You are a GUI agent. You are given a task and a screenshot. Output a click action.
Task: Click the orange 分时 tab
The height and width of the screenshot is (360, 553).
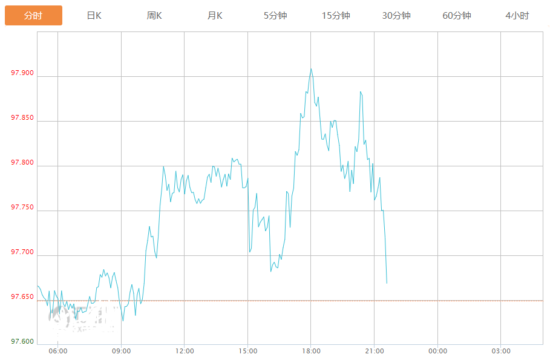pos(33,16)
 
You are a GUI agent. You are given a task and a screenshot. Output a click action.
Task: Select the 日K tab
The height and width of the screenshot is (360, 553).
pos(94,16)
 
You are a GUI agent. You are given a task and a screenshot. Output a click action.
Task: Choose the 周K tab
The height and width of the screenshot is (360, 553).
pos(154,16)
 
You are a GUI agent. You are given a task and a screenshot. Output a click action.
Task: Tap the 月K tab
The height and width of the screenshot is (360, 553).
pos(215,16)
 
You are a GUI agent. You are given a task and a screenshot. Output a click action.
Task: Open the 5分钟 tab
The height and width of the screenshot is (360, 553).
pos(275,16)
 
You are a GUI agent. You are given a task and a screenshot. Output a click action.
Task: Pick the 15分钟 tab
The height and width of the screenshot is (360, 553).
pos(336,16)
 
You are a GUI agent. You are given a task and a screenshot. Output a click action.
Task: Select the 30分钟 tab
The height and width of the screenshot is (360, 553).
pos(396,16)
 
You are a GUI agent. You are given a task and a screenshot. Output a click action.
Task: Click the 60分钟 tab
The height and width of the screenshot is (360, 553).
pos(457,16)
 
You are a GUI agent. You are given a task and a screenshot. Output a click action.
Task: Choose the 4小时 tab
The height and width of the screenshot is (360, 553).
pos(517,16)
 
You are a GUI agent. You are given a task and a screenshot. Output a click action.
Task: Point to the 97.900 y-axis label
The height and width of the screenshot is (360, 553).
pos(22,73)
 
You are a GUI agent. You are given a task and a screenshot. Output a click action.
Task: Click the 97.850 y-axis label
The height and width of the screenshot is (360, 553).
pos(22,118)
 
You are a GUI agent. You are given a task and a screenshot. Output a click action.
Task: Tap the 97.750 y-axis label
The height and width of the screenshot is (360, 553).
pos(22,208)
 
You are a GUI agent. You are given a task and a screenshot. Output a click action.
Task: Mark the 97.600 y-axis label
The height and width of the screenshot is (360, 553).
pos(22,342)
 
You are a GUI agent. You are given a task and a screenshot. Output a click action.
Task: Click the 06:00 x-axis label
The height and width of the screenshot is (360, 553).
pos(58,352)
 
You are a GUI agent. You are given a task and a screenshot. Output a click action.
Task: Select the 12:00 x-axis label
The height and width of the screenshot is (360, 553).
pos(185,352)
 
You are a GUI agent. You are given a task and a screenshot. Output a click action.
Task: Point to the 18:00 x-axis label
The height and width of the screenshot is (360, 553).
pos(311,352)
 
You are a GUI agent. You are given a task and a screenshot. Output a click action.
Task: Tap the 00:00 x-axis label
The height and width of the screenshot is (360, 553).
pos(437,352)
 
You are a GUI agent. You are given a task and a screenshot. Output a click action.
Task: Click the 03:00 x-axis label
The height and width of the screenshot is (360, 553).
pos(500,352)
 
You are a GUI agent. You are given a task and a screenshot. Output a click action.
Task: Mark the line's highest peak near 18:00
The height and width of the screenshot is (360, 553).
pos(311,69)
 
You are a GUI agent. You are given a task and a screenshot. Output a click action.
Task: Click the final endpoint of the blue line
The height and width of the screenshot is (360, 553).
pos(387,283)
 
